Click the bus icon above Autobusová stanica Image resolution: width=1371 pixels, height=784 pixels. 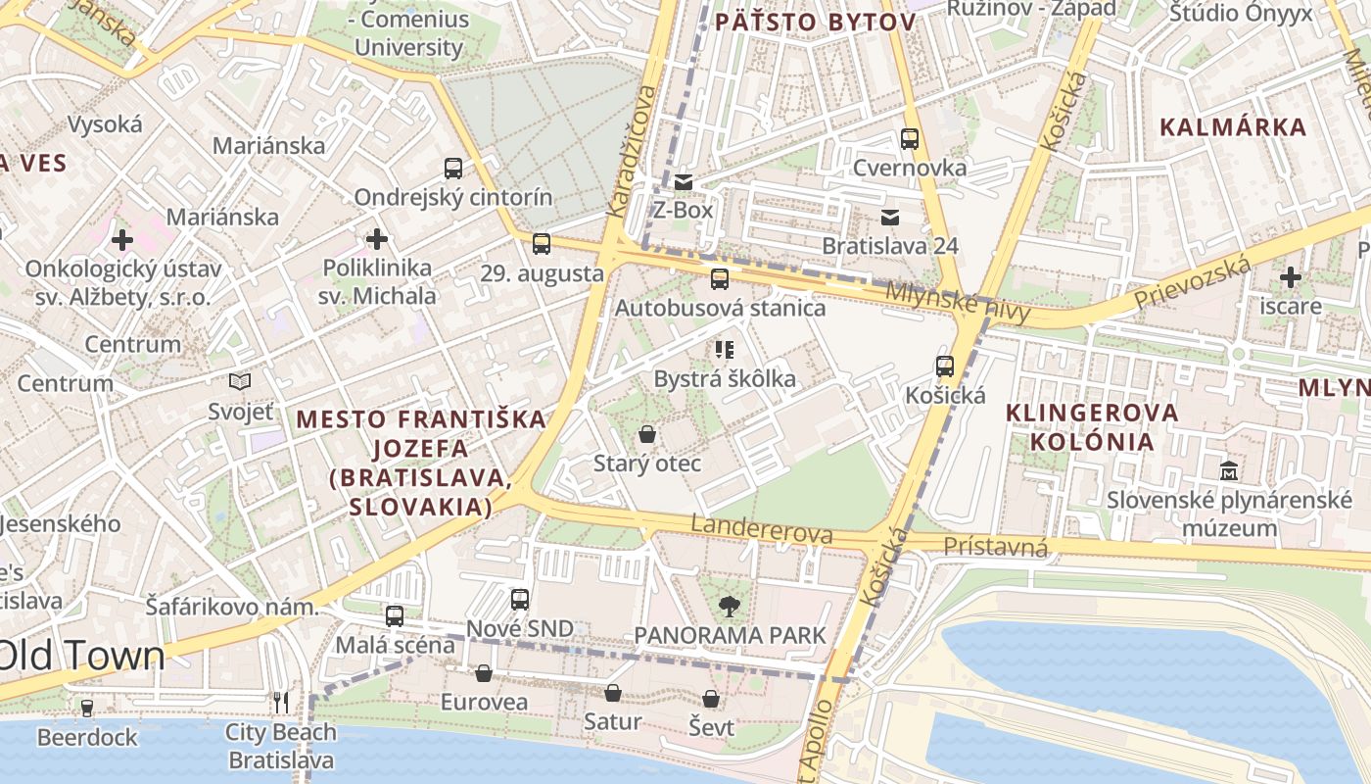coord(720,279)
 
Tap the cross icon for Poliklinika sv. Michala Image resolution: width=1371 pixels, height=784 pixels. coord(377,239)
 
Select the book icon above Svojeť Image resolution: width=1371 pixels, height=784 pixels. coord(240,382)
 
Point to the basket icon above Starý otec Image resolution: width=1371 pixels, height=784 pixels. coord(647,433)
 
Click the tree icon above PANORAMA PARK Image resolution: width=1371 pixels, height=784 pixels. coord(729,607)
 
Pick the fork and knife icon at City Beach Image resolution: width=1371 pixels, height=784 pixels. coord(281,703)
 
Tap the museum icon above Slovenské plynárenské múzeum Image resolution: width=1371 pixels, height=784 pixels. coord(1229,471)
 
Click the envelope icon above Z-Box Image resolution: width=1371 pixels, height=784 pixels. coord(684,181)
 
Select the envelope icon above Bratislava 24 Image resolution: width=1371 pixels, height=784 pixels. coord(890,217)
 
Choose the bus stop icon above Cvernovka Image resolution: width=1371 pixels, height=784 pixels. coord(910,139)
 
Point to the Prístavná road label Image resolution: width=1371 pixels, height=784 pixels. coord(995,547)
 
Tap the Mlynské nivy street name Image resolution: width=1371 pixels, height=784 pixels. coord(958,303)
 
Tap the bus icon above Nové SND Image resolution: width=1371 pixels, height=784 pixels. coord(520,599)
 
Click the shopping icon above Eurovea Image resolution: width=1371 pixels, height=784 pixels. coord(484,673)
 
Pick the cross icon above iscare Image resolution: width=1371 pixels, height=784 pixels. coord(1291,277)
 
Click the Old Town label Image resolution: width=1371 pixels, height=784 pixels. coord(83,656)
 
